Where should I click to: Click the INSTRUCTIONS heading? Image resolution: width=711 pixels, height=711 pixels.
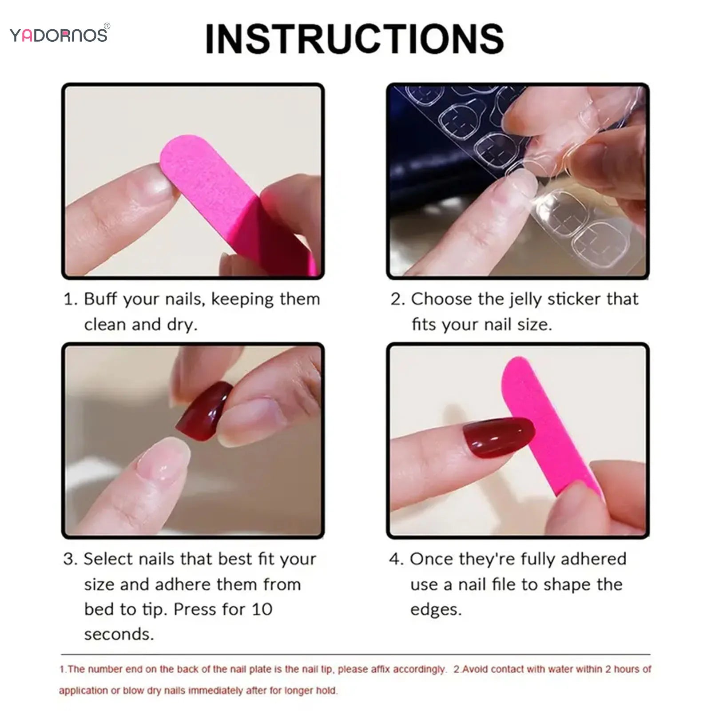354,39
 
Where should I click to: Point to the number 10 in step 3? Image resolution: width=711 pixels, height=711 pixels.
262,609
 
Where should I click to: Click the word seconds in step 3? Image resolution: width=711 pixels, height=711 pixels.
119,634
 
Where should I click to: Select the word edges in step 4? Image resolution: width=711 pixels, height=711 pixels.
435,609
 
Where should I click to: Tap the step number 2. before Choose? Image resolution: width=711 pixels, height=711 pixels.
397,299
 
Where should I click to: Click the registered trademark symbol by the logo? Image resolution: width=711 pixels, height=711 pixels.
107,26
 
